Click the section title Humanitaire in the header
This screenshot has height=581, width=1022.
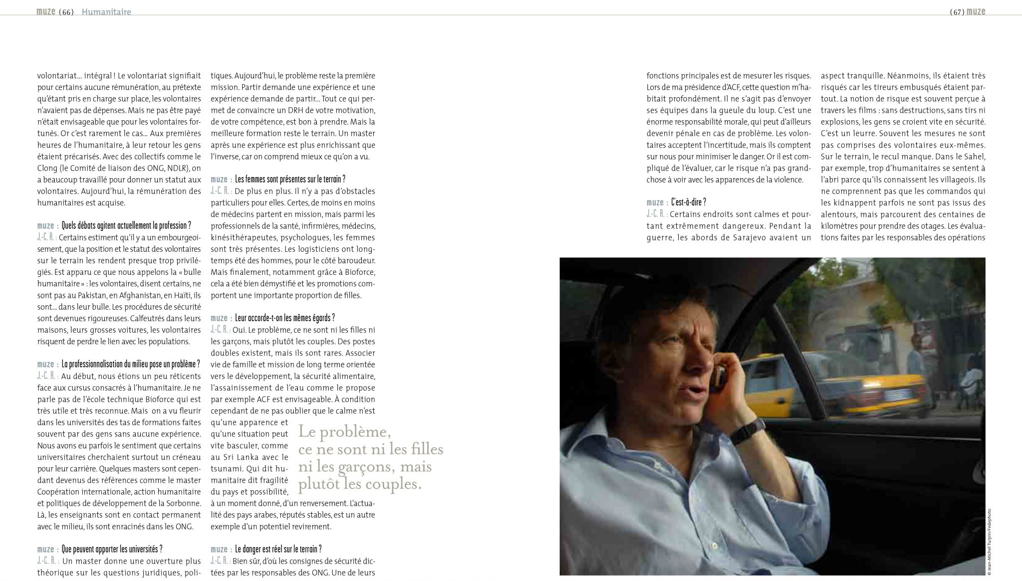click(106, 12)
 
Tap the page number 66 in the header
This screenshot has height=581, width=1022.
click(66, 12)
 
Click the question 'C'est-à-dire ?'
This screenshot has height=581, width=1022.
click(689, 202)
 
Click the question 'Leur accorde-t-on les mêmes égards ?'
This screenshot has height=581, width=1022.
click(284, 318)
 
